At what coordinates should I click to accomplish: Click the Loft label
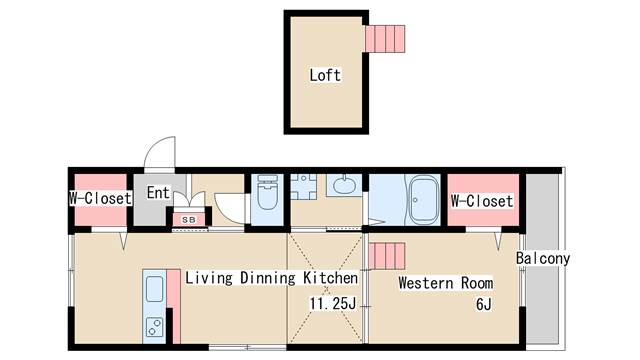click(x=325, y=75)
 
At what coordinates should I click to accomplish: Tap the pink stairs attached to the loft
click(x=385, y=39)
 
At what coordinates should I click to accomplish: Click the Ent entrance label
click(x=158, y=192)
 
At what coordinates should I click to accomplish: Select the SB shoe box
click(x=189, y=220)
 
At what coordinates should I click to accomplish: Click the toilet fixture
click(x=267, y=193)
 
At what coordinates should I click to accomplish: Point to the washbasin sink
click(x=344, y=185)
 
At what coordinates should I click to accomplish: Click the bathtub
click(x=424, y=200)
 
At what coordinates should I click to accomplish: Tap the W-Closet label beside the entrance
click(x=100, y=198)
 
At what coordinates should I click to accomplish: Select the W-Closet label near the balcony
click(x=482, y=201)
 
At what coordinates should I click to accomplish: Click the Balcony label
click(x=542, y=258)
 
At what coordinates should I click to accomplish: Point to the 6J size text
click(x=484, y=304)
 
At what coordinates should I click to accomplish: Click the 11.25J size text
click(x=333, y=303)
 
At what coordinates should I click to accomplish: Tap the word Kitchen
click(x=330, y=278)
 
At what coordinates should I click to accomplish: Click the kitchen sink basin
click(x=154, y=289)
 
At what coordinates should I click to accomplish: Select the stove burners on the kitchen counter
click(x=155, y=327)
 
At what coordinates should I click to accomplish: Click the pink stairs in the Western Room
click(x=387, y=256)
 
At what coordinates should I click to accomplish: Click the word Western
click(x=426, y=283)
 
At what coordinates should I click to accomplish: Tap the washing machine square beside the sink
click(x=303, y=187)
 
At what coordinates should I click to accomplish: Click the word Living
click(x=209, y=278)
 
